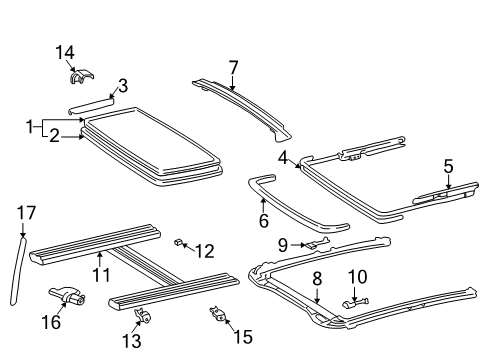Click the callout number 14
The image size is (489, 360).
click(65, 52)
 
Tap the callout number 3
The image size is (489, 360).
click(122, 85)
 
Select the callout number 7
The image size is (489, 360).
click(233, 68)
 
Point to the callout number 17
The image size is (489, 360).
click(25, 212)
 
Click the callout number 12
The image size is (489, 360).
click(205, 249)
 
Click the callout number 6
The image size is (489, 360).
click(264, 222)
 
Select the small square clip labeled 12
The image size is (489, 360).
click(180, 243)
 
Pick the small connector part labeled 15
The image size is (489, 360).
click(217, 315)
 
